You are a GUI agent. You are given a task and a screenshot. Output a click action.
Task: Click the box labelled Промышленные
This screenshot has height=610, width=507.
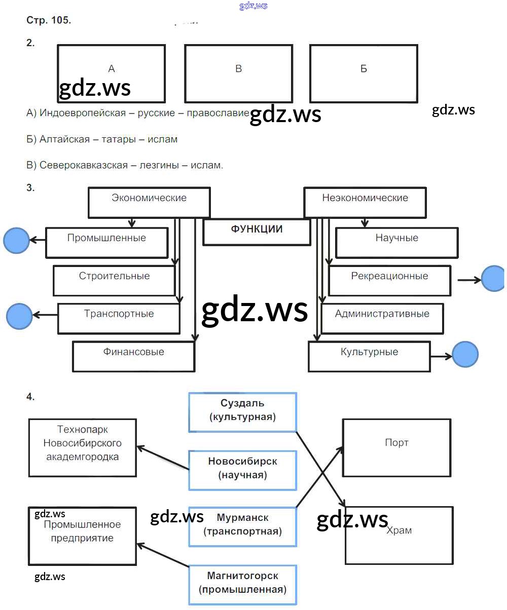(106, 242)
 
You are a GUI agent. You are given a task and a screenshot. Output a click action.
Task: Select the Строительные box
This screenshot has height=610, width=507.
(114, 280)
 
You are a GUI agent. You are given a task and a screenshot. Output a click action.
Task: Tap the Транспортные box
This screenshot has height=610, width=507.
(119, 318)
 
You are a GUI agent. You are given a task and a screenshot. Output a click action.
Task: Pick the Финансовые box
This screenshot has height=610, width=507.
(133, 356)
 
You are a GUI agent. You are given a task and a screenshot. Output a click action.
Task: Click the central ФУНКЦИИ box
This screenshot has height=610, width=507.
(257, 232)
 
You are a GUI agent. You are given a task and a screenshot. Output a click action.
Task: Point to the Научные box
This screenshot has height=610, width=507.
(396, 242)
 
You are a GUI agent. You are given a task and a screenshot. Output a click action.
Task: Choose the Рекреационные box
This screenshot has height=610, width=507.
(389, 280)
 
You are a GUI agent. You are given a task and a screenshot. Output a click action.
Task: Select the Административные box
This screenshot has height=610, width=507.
(382, 318)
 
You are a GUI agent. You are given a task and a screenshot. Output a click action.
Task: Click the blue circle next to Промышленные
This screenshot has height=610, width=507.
(17, 240)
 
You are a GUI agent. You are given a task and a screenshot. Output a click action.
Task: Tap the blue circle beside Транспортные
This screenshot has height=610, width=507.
(20, 316)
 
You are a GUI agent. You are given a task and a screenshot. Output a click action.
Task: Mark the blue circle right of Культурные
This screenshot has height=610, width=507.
(465, 354)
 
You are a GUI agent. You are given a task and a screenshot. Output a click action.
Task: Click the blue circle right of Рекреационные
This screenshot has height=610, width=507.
(493, 279)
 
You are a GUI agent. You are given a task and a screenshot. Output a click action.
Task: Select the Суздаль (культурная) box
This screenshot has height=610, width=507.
(242, 412)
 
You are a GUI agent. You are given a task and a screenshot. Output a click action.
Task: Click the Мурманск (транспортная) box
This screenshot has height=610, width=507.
(242, 526)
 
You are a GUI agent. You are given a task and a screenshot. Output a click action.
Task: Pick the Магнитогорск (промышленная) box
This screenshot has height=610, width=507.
(242, 585)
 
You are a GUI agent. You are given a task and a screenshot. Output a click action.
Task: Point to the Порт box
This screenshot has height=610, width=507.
(396, 447)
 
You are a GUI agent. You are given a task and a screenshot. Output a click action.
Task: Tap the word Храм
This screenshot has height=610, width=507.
(399, 530)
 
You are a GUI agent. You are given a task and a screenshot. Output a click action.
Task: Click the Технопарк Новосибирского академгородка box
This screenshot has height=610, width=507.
(82, 447)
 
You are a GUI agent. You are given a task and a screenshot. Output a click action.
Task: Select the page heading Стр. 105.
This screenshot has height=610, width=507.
(49, 21)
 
